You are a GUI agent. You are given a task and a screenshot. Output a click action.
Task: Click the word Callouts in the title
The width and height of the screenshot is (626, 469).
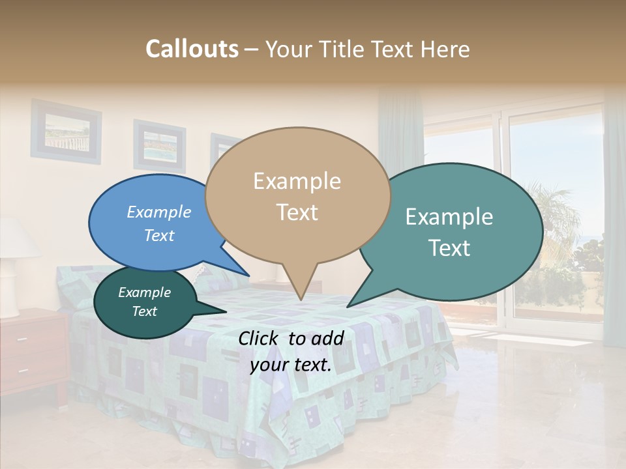(192, 50)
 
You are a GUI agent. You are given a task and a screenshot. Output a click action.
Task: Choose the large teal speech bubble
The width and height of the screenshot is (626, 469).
(450, 232)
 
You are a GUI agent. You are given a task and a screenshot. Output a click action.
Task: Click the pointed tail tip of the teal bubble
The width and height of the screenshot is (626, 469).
(348, 306)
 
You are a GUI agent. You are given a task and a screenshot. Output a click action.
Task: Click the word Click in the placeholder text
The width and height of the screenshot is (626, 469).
(260, 338)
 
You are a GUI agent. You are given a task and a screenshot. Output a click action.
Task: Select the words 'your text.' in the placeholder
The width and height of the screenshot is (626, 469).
(291, 365)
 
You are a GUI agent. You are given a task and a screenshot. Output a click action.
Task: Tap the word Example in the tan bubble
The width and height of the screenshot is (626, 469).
(297, 181)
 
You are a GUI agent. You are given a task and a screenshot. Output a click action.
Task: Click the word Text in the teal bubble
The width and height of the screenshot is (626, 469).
(450, 248)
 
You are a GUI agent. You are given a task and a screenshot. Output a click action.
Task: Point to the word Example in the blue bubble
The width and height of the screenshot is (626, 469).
(159, 212)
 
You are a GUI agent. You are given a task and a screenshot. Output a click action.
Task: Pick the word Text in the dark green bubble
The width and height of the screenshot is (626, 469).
(145, 311)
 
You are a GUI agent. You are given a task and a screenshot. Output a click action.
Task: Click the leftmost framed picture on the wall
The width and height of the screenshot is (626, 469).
(65, 130)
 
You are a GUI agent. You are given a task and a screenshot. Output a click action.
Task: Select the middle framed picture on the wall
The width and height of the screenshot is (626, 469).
(159, 145)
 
